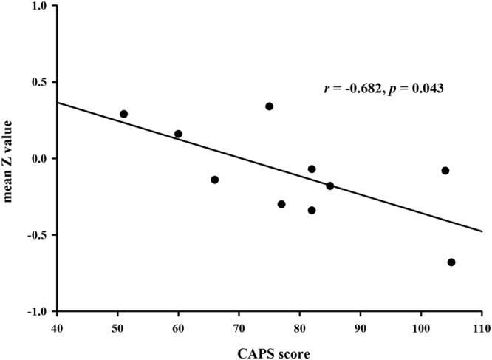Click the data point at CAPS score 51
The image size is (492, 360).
123,114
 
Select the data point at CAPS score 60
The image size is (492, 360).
178,134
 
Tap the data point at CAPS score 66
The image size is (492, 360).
215,180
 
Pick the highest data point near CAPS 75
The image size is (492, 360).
270,106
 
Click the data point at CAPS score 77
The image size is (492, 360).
281,204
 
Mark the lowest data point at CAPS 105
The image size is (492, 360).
451,262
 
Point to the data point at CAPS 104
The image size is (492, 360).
445,171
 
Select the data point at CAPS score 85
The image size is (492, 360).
330,186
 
